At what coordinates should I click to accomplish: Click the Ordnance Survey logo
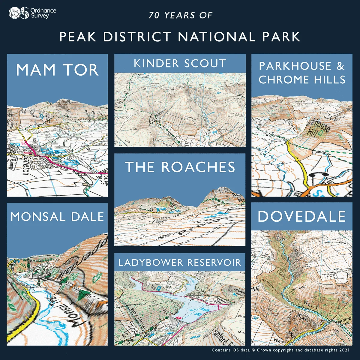coord(32,13)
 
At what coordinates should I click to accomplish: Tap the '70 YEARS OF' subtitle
coord(180,15)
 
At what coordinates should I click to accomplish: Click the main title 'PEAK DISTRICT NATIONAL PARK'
coord(180,37)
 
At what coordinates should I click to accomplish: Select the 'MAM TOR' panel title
coord(57,70)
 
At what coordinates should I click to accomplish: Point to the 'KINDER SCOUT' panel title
coord(180,64)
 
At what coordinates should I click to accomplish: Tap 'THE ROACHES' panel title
coord(180,167)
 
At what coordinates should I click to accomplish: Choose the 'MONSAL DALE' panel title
coord(57,217)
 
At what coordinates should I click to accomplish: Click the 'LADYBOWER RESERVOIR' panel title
coord(180,262)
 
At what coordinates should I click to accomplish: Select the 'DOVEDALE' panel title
coord(301,217)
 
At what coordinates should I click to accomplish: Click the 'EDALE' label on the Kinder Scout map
coord(235,115)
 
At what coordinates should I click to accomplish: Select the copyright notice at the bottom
coord(280,350)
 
